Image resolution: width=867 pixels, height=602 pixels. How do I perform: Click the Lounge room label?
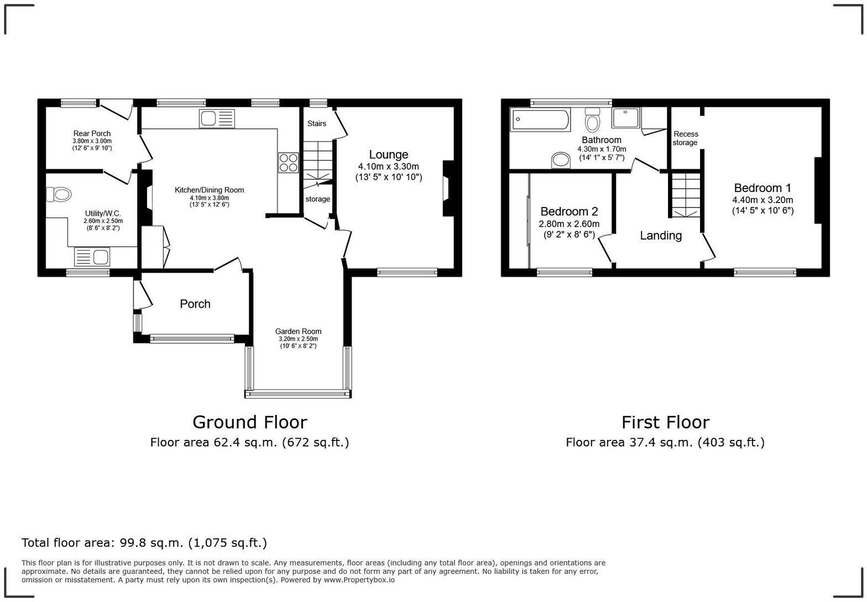tap(388, 155)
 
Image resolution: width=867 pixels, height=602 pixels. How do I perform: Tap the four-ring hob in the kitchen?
tap(288, 163)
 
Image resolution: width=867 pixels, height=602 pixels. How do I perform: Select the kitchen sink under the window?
tap(217, 118)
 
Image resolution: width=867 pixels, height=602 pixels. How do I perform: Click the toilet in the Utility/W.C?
tap(60, 195)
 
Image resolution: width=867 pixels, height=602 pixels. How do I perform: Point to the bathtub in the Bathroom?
tap(541, 120)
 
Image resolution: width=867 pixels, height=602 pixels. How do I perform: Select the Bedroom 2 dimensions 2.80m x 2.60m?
tap(569, 224)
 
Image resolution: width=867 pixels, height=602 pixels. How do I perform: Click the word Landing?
tap(661, 236)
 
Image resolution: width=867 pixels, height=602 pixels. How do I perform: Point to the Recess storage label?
tap(686, 138)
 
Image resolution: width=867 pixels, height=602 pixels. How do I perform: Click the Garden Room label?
tap(298, 331)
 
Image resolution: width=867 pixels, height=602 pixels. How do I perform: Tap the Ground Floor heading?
tap(249, 422)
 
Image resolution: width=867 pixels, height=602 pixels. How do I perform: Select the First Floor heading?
tap(665, 422)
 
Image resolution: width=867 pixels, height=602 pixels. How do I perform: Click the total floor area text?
tap(144, 543)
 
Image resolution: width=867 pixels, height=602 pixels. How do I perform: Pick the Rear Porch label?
tap(92, 133)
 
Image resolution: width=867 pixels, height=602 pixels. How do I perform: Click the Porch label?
tap(195, 304)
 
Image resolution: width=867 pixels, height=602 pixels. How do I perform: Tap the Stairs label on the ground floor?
tap(317, 123)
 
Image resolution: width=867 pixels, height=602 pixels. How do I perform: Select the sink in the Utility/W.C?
tap(92, 257)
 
